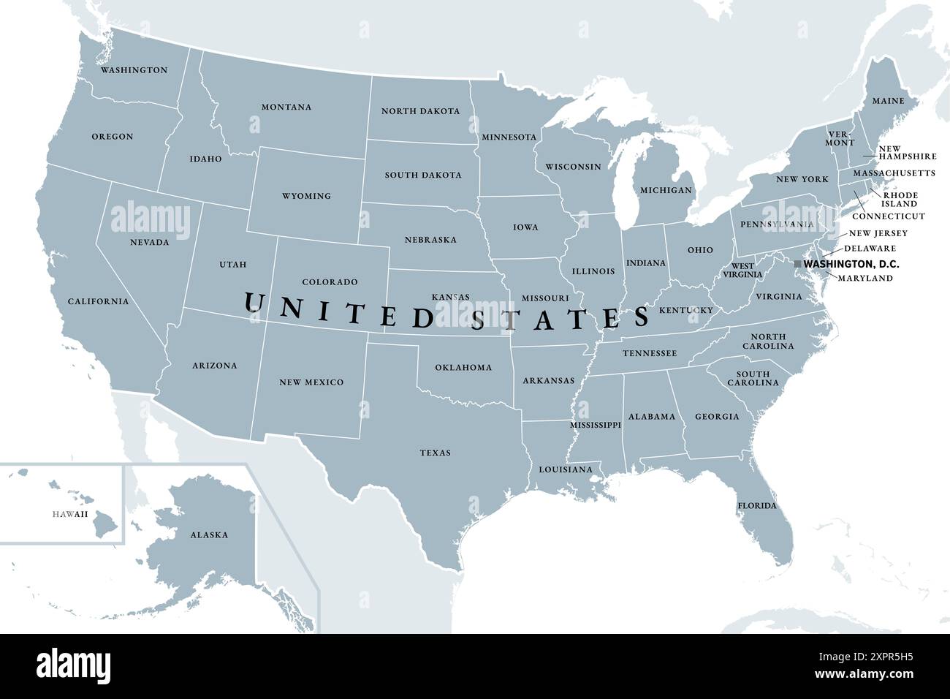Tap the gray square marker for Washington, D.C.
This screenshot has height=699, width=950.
coord(797,263)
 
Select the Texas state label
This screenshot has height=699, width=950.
coord(435,453)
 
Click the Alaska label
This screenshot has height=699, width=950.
coord(209,534)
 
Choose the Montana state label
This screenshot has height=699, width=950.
coord(286,107)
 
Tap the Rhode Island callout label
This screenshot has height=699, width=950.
coord(900,200)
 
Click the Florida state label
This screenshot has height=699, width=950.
coord(756,506)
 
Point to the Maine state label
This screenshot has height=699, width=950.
coord(887,101)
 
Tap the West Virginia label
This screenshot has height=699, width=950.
coord(743,270)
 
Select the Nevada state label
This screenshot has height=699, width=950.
coord(150,242)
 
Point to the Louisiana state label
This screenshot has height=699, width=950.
coord(566,469)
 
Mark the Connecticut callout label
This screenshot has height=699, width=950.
coord(889,216)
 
